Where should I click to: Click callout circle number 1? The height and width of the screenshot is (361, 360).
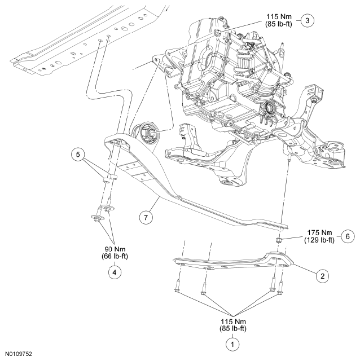coord(230,341)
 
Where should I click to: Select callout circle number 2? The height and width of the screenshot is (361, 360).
coord(322,276)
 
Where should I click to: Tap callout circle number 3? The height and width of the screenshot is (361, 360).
coord(307,20)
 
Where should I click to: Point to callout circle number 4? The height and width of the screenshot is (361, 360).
coord(115,271)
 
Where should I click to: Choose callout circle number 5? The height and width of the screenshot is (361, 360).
coord(78,154)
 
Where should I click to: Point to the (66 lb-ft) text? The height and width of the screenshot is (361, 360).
coord(115,258)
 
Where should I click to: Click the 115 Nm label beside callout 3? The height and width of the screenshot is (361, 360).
coord(277,16)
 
